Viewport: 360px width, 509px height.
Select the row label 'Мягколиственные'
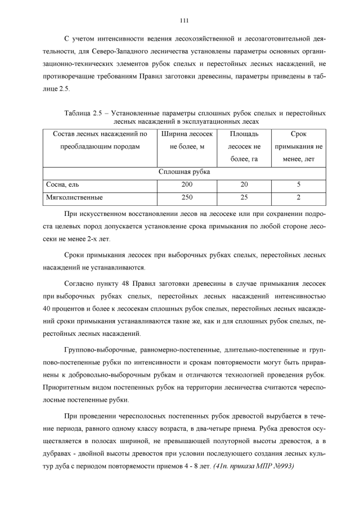point(74,197)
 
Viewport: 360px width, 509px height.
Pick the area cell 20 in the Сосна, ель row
point(244,184)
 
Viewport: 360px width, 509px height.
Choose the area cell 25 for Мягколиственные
point(244,197)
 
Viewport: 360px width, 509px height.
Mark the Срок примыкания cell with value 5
point(298,184)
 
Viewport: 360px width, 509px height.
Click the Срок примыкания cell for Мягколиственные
point(298,197)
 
